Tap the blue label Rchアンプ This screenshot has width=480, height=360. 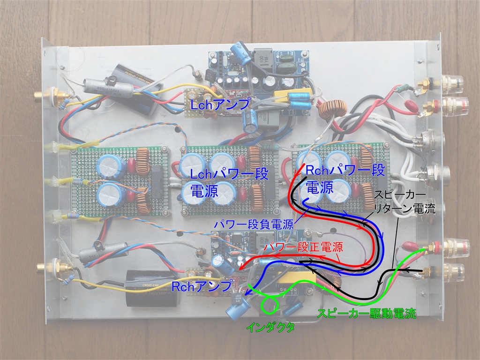click(202, 285)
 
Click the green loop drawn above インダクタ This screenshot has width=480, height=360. click(270, 305)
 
